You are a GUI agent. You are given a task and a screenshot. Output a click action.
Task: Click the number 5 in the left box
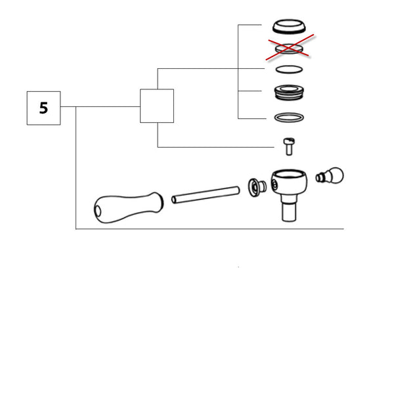pyautogui.click(x=44, y=108)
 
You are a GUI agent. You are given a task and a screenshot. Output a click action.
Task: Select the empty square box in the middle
pyautogui.click(x=157, y=106)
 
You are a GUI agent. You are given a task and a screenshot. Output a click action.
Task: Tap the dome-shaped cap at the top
pyautogui.click(x=289, y=26)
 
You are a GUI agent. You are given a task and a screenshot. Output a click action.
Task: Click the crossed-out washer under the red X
pyautogui.click(x=289, y=49)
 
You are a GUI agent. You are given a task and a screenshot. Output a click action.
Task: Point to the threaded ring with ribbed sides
pyautogui.click(x=289, y=92)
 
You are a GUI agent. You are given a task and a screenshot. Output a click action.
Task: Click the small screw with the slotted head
pyautogui.click(x=289, y=146)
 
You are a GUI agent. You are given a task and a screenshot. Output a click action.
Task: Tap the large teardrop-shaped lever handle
pyautogui.click(x=129, y=208)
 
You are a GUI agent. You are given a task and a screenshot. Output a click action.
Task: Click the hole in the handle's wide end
pyautogui.click(x=97, y=211)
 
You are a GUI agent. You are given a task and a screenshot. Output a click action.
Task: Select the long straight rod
pyautogui.click(x=206, y=195)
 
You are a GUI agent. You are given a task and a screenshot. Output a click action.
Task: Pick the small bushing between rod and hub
pyautogui.click(x=257, y=187)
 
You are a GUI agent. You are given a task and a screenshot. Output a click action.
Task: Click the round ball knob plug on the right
pyautogui.click(x=330, y=175)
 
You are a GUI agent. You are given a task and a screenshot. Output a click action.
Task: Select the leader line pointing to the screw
pyautogui.click(x=216, y=147)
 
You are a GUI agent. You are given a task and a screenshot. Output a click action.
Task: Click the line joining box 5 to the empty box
pyautogui.click(x=100, y=106)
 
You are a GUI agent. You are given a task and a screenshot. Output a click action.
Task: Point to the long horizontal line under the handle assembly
pyautogui.click(x=209, y=229)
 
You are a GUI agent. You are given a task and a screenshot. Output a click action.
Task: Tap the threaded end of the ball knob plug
pyautogui.click(x=320, y=178)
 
